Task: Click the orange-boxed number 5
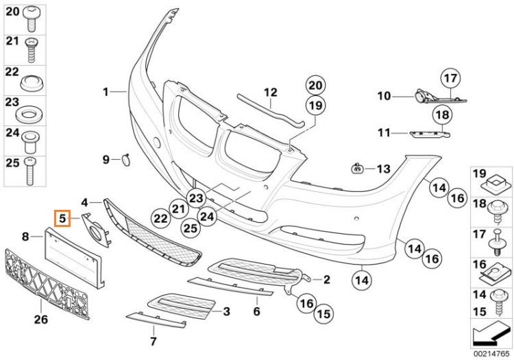coord(63,218)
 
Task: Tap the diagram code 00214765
coord(491,354)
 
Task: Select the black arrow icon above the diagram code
coord(491,335)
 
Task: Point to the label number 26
coord(41,319)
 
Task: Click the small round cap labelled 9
coord(126,160)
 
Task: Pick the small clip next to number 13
coord(357,169)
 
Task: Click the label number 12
coord(271,93)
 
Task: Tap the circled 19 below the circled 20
coord(315,106)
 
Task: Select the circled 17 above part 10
coord(450,79)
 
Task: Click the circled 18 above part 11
coord(442,115)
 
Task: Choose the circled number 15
coord(323,314)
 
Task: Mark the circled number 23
coord(196,198)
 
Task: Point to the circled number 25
coord(191,228)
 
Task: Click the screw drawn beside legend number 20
coord(32,19)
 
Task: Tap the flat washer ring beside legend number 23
coord(29,113)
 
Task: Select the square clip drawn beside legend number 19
coord(495,182)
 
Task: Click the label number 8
coord(25,236)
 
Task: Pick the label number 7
coord(153,341)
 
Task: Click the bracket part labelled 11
coord(429,134)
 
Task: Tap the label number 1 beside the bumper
coord(106,92)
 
